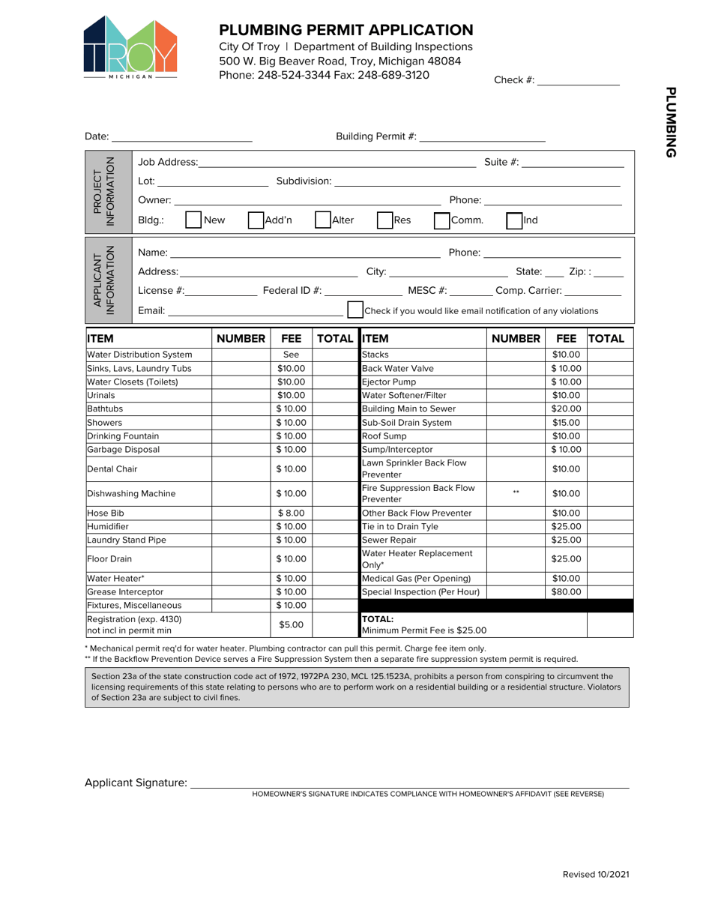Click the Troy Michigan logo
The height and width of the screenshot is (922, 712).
[130, 46]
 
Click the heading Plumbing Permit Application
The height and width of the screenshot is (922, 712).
[346, 30]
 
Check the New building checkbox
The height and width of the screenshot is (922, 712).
[193, 221]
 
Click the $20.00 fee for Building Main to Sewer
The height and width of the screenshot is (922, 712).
[566, 409]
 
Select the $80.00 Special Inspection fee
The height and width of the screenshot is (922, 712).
[566, 591]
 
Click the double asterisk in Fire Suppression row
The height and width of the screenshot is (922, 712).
[516, 492]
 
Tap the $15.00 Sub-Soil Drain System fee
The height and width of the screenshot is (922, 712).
[566, 422]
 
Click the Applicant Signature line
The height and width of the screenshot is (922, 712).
[409, 783]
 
